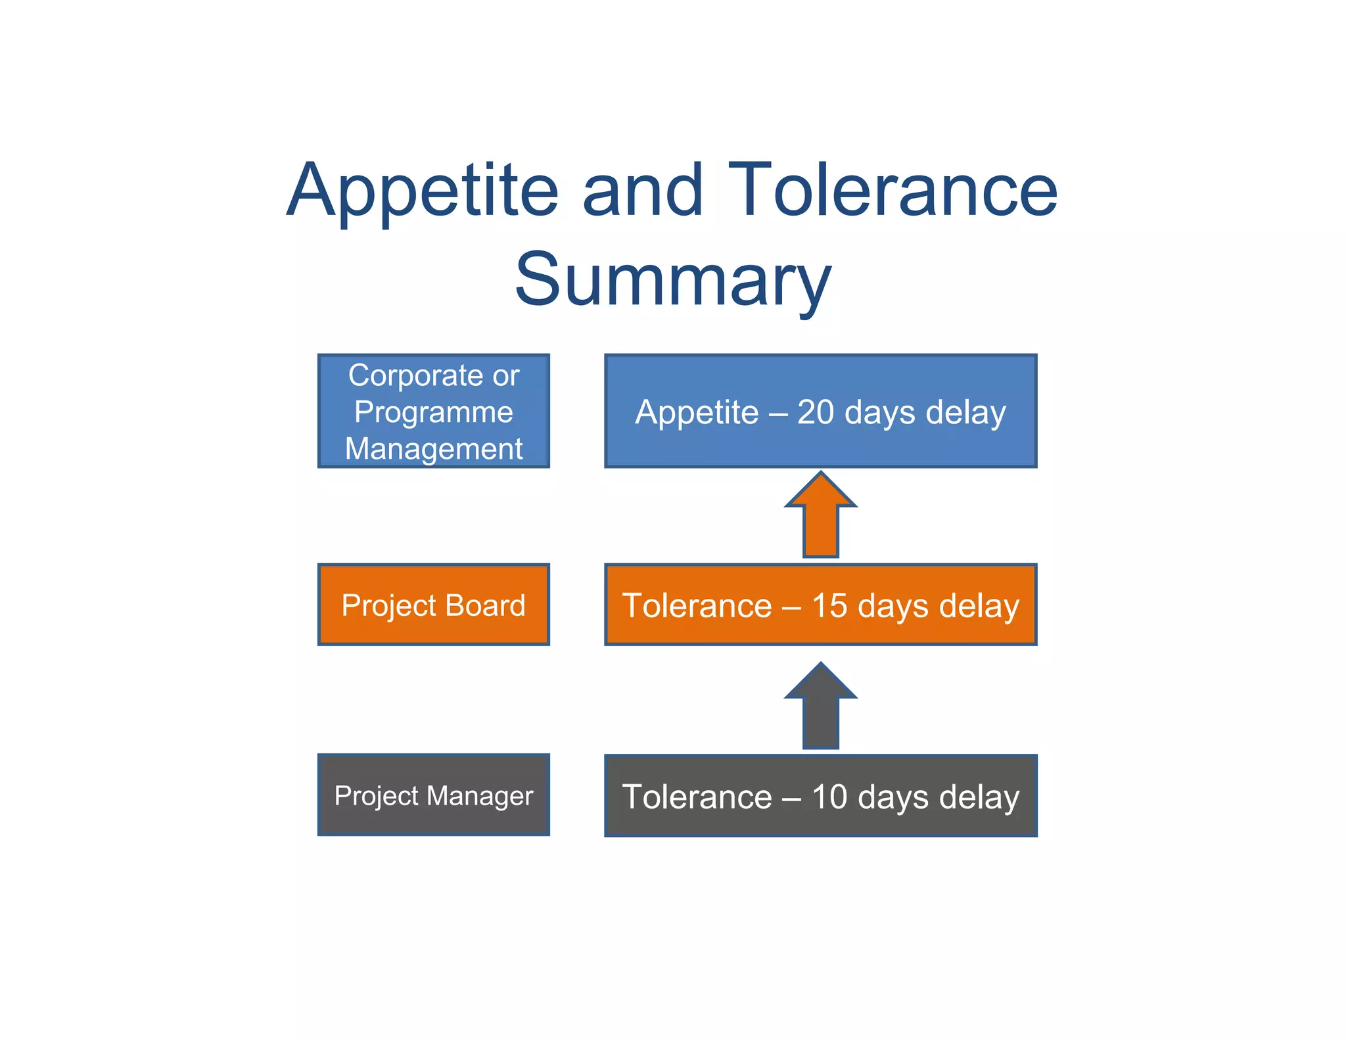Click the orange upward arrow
click(820, 517)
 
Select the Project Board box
click(433, 604)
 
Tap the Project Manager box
click(433, 795)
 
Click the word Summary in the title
click(673, 280)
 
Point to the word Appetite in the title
click(423, 191)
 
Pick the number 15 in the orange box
click(829, 605)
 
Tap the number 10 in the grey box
click(829, 797)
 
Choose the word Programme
click(433, 413)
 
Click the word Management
click(433, 449)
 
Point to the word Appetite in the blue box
click(697, 413)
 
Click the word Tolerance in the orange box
click(697, 605)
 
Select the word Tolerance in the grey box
click(697, 797)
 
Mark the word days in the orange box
click(893, 606)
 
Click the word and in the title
click(642, 191)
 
